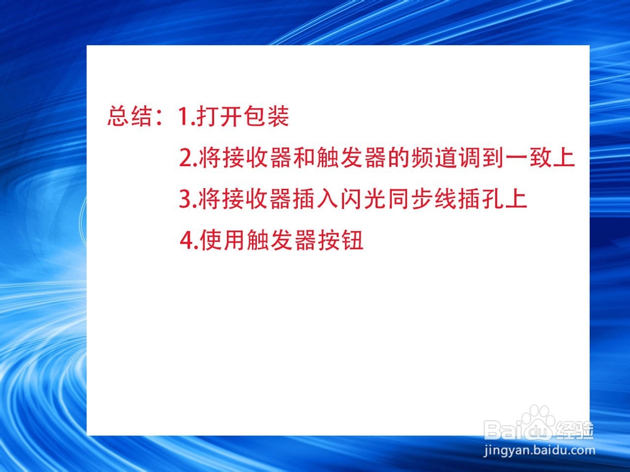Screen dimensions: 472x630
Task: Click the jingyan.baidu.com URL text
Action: (539, 451)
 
